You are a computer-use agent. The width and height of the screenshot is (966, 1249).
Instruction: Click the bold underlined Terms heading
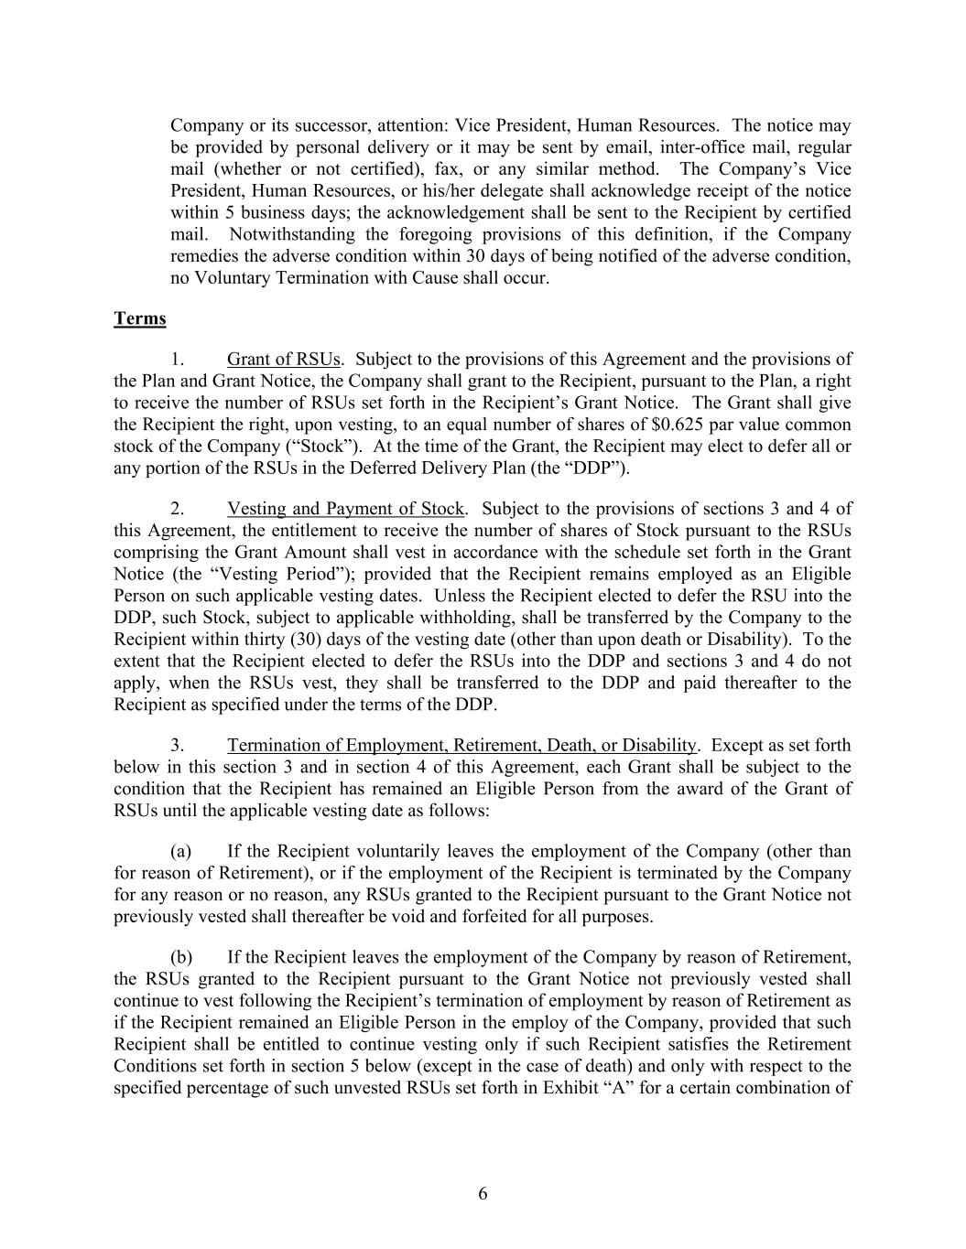(x=140, y=318)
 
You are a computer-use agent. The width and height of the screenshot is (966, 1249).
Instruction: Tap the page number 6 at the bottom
(x=483, y=1193)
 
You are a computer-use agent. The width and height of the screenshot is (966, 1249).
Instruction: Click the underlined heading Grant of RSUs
(x=284, y=359)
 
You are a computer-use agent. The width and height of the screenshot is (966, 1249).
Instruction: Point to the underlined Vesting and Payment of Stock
(x=346, y=509)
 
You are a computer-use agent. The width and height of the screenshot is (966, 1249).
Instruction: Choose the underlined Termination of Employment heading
(x=461, y=746)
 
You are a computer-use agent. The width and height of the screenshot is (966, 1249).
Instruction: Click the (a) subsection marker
(x=180, y=851)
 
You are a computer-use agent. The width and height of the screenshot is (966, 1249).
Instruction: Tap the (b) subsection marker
(x=181, y=957)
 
